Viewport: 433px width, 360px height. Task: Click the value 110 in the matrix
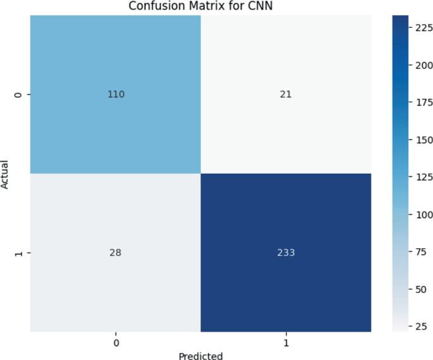pyautogui.click(x=116, y=95)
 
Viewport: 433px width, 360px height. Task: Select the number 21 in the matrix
pyautogui.click(x=286, y=95)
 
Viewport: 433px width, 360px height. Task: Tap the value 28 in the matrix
pyautogui.click(x=116, y=253)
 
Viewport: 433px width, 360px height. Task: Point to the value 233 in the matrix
pyautogui.click(x=286, y=253)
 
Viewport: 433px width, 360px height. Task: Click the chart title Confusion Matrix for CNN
pyautogui.click(x=200, y=6)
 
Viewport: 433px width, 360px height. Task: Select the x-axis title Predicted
pyautogui.click(x=200, y=356)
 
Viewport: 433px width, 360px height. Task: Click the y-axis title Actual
pyautogui.click(x=5, y=174)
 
